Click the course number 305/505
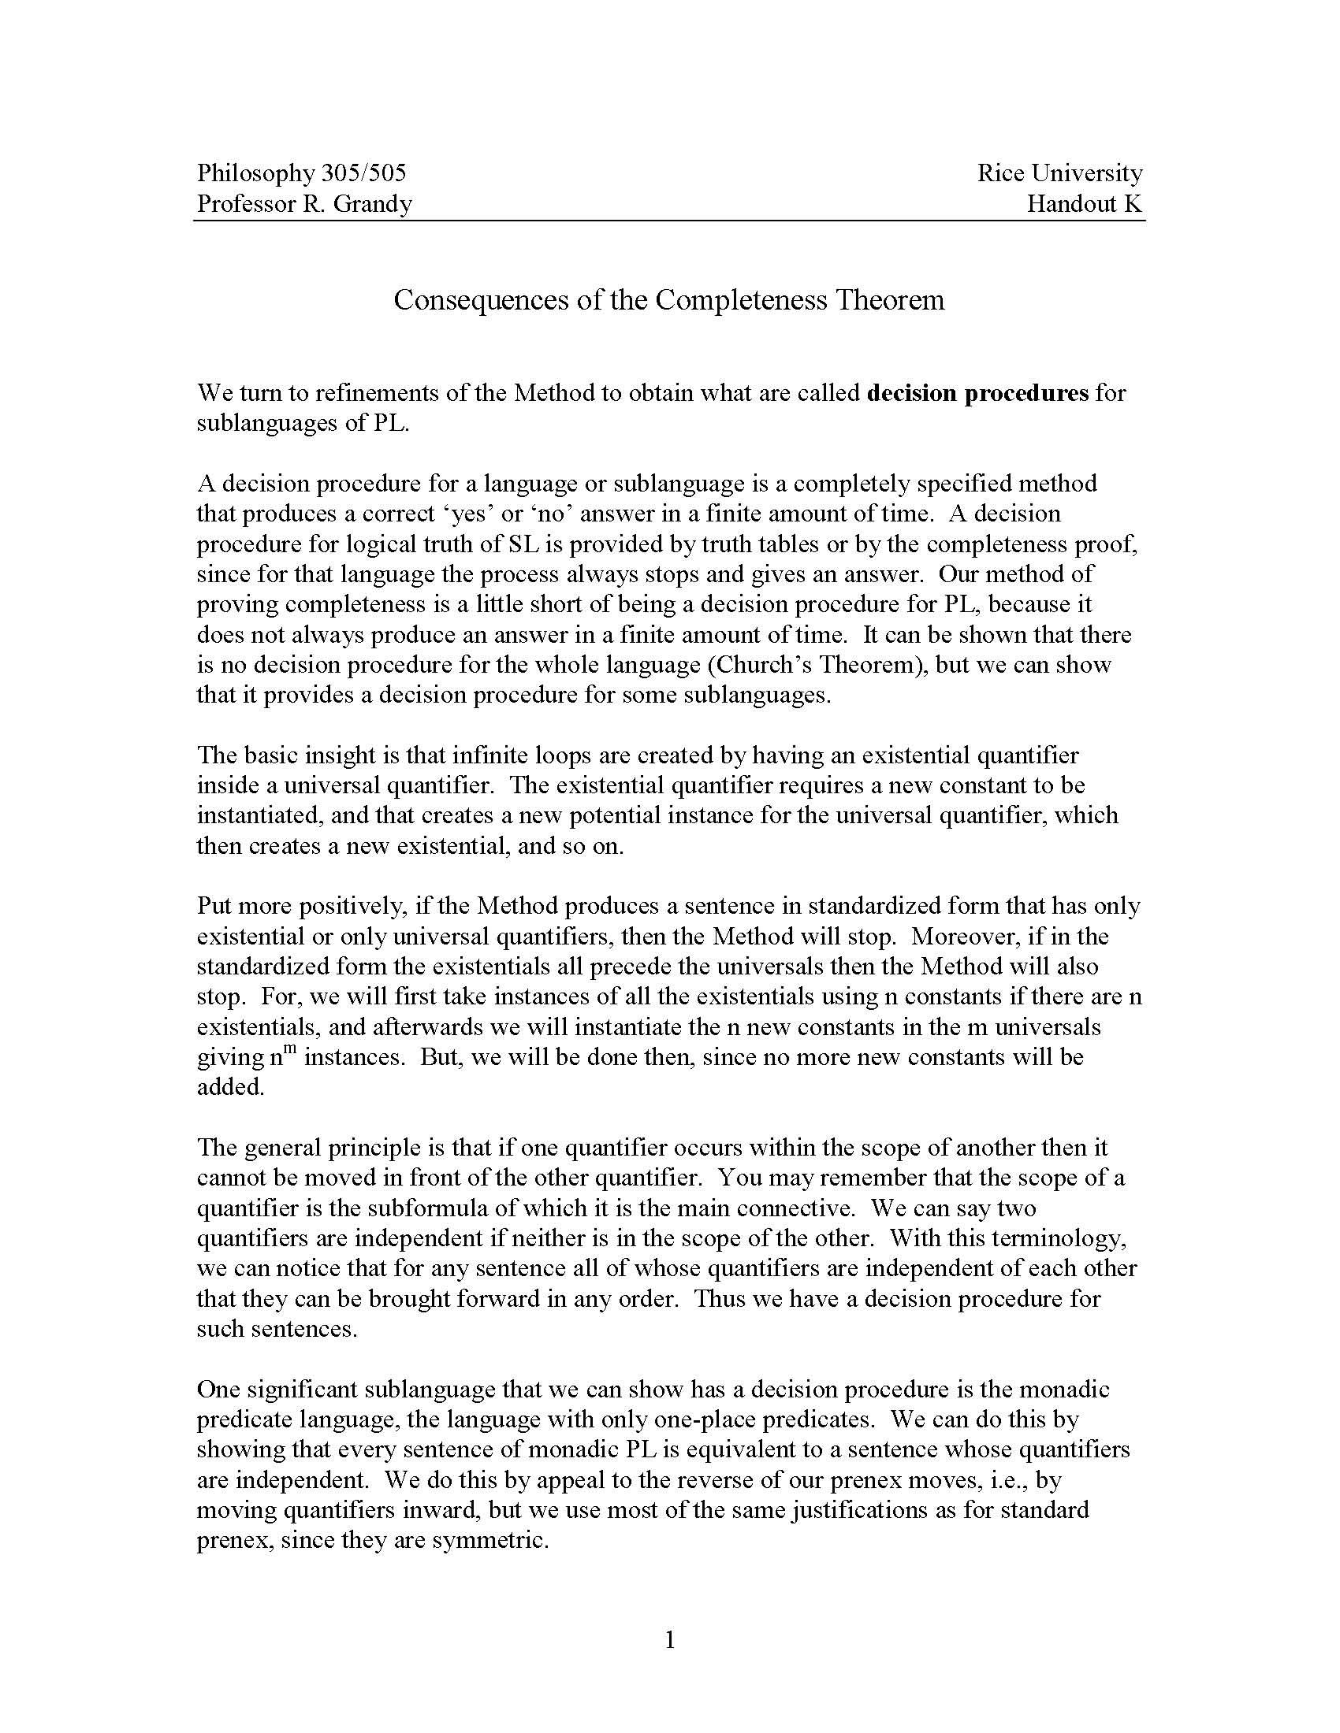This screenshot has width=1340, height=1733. (x=363, y=173)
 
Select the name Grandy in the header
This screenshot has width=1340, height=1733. (x=372, y=204)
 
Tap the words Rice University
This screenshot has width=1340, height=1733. (x=1059, y=173)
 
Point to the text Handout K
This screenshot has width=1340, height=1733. (x=1084, y=204)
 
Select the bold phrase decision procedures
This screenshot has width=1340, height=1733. (x=977, y=393)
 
